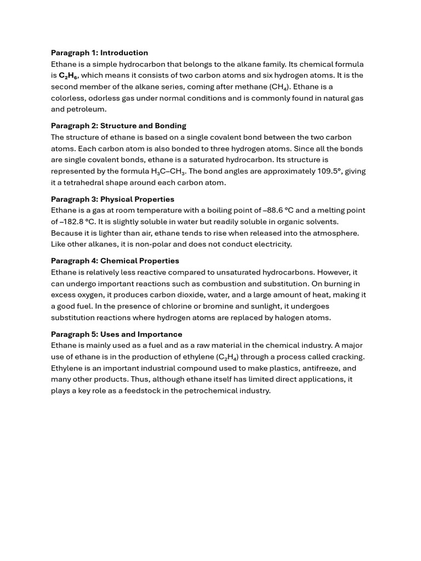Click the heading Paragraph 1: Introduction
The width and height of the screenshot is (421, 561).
click(x=99, y=53)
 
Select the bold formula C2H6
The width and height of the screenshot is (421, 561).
click(x=68, y=76)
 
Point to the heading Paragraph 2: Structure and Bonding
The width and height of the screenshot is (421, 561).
click(x=118, y=126)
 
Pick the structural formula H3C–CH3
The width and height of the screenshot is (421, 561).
click(x=168, y=171)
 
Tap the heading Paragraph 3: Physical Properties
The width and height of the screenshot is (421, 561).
click(x=112, y=199)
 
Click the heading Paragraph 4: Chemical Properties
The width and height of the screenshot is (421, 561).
click(x=115, y=261)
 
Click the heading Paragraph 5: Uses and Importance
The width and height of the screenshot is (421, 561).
click(x=116, y=334)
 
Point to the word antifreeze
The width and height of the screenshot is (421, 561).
click(x=319, y=368)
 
